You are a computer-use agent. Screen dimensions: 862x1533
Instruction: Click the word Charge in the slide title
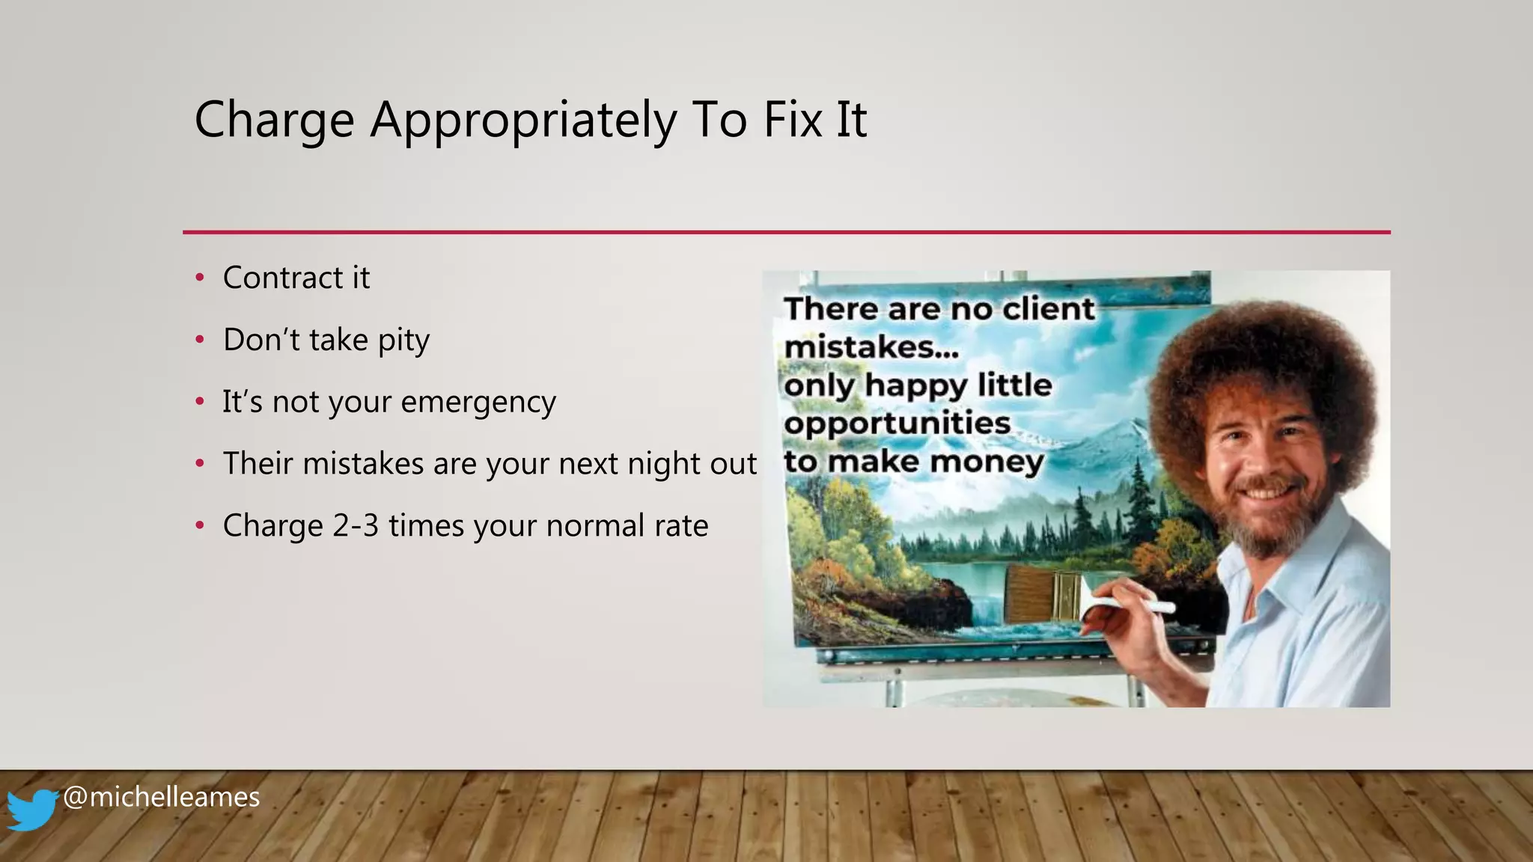(274, 120)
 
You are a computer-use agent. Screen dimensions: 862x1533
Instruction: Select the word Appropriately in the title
(523, 120)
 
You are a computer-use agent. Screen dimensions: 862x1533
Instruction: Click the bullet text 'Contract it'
(296, 278)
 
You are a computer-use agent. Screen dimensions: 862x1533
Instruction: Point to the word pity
(403, 341)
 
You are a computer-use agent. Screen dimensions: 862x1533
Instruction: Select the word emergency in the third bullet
(478, 403)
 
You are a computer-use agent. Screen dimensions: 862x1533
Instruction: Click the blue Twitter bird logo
(31, 809)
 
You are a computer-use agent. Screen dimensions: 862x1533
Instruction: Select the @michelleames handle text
(161, 797)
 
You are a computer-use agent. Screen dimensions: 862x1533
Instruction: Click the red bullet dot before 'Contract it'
(200, 278)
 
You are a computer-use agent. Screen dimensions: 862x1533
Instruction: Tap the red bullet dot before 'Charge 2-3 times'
(200, 526)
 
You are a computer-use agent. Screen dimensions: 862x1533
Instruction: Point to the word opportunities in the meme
(897, 424)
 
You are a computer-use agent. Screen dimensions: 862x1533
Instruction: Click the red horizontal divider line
(786, 233)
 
